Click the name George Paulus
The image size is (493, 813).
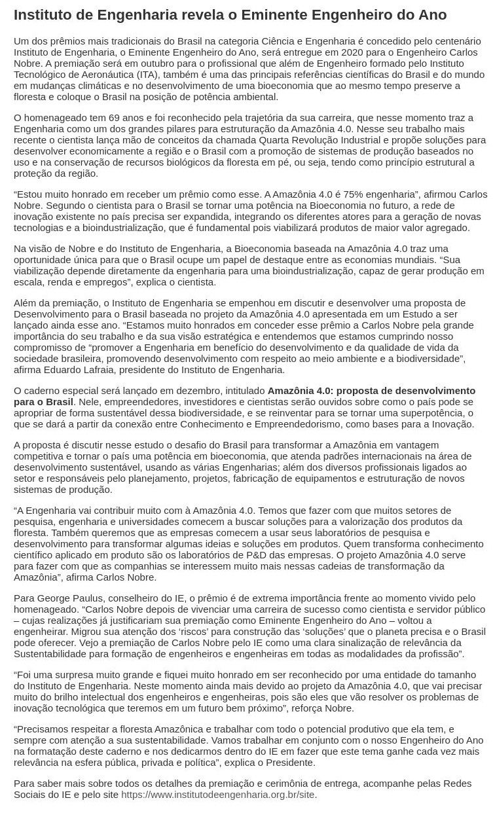[69, 598]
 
